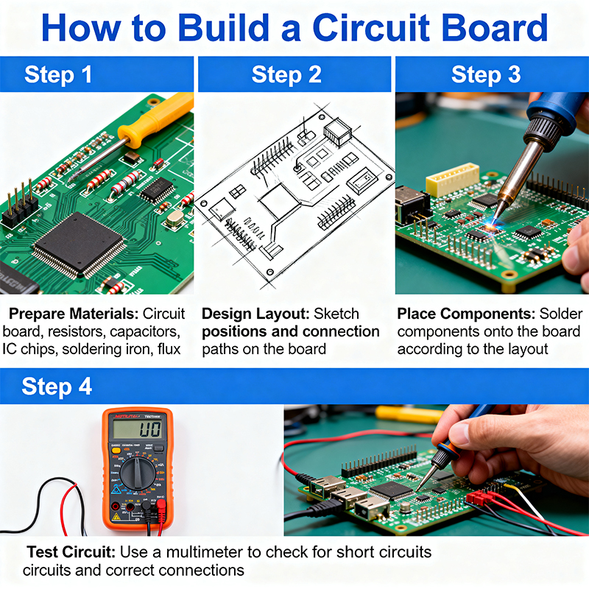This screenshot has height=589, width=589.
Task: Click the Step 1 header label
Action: coord(58,74)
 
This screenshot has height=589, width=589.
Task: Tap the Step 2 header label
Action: coord(286,74)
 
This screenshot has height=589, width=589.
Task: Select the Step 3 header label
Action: coord(485,74)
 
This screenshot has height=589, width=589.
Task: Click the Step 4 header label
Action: coord(57,387)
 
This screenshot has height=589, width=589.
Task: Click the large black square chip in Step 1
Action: coord(80,244)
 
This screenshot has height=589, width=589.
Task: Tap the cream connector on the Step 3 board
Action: coord(453,178)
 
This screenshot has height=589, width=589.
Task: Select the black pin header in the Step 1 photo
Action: coord(20,208)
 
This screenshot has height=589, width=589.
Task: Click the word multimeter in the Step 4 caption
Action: coord(211,551)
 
